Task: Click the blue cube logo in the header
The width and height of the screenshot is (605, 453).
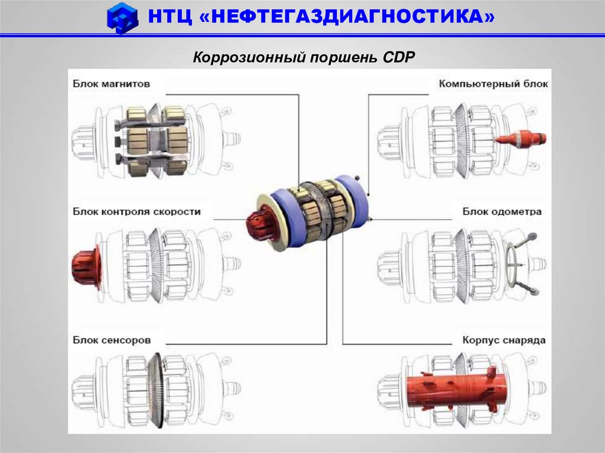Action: coord(122,18)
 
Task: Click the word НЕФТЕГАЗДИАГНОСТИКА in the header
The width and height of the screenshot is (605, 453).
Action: coord(347,17)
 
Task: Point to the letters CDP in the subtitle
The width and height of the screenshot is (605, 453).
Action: coord(399,57)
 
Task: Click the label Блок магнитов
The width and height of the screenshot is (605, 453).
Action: coord(111,84)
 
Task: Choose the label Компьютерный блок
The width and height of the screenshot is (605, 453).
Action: coord(493,84)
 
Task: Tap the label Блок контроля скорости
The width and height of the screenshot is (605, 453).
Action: coord(136,211)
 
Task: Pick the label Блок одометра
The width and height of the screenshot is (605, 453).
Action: coord(502,211)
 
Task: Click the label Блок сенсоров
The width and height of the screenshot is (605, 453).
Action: coord(112,340)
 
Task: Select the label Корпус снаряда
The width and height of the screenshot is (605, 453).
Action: coord(504,340)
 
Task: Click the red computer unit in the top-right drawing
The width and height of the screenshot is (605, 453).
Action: coord(521,139)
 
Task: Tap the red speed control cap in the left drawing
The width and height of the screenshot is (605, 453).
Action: coord(86,268)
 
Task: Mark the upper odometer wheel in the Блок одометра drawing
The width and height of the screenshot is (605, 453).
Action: coord(532,236)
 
